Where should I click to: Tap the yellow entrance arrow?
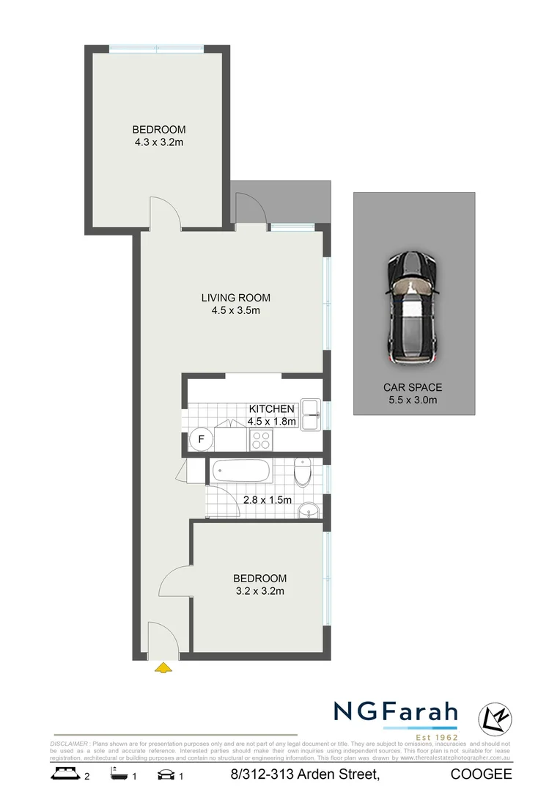[x=163, y=667]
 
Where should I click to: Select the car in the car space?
[x=413, y=308]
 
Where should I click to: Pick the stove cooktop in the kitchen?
[x=262, y=439]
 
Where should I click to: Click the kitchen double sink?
[x=309, y=414]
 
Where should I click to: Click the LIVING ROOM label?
[x=236, y=298]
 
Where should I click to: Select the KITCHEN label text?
[x=271, y=408]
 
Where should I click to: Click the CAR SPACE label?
[x=413, y=387]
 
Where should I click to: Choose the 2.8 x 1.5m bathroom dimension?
[x=267, y=500]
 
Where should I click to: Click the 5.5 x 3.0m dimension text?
[x=413, y=400]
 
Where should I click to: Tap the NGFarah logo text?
[x=396, y=712]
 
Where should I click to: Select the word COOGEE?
[x=482, y=774]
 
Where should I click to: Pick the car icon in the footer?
[x=166, y=774]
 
